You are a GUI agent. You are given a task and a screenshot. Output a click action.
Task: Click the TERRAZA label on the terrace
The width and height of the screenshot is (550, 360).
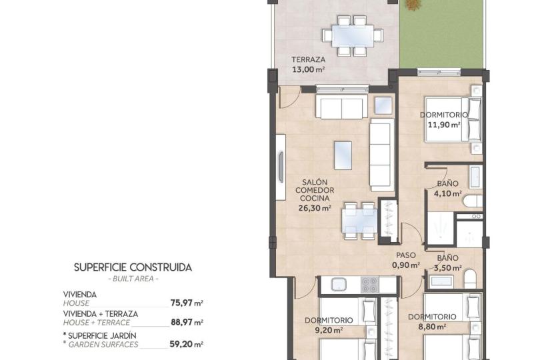[308, 59]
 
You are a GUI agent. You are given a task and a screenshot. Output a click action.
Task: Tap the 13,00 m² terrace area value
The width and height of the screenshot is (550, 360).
[308, 69]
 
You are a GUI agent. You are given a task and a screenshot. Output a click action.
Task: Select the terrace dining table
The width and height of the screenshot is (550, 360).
[353, 35]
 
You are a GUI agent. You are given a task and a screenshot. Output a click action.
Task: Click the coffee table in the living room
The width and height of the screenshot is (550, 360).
[343, 155]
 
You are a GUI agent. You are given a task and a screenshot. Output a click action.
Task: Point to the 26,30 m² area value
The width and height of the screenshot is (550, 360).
[315, 208]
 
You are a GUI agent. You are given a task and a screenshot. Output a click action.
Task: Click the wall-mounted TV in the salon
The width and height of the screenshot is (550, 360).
[281, 167]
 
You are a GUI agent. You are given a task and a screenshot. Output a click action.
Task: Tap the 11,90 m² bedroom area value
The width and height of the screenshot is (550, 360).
[444, 125]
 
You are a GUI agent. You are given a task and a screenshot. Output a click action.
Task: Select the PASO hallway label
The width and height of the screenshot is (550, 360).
[406, 255]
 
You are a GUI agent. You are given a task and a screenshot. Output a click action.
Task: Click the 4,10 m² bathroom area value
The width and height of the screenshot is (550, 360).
[447, 193]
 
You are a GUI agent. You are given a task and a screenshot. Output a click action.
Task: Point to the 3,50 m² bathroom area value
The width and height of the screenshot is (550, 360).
[447, 269]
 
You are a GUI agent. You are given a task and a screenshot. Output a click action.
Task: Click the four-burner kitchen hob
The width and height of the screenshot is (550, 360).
[369, 285]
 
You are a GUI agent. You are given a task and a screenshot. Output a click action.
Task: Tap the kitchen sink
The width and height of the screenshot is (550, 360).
[339, 284]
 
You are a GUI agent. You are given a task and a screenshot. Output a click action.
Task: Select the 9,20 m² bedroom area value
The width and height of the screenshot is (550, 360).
[329, 330]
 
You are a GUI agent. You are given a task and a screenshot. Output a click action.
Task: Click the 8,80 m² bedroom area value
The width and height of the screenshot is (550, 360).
[432, 327]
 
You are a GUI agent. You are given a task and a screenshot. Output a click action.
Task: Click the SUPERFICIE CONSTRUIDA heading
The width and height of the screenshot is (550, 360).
[133, 267]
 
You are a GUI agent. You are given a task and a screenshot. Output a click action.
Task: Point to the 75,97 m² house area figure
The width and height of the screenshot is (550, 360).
[187, 303]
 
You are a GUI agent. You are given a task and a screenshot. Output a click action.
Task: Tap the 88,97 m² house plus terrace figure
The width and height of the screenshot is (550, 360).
[187, 322]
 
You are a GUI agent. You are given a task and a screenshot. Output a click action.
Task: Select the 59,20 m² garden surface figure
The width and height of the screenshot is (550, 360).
[186, 344]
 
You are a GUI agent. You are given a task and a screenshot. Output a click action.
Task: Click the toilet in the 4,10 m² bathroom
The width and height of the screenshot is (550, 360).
[472, 201]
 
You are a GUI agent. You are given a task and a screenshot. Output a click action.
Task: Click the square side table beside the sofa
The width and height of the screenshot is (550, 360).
[383, 105]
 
